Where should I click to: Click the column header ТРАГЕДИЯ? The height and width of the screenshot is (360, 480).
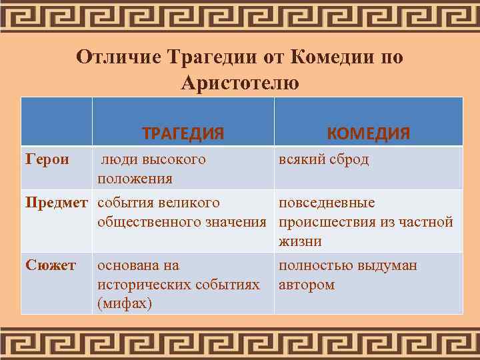point(183,133)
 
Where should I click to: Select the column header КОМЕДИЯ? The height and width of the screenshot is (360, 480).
point(368,133)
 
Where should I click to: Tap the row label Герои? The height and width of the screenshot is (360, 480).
point(47,159)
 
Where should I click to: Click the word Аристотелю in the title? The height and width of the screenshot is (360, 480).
point(239,83)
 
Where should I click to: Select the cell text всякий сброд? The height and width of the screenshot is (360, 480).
point(323,160)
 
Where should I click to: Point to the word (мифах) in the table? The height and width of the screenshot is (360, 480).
point(125,304)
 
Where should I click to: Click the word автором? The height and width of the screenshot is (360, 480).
point(307,285)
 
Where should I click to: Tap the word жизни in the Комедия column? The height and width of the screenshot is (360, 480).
point(297,241)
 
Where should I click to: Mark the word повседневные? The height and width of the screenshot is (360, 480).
point(327,203)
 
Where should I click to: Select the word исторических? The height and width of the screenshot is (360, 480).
point(143,285)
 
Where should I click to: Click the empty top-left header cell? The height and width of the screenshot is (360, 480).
point(56,121)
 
